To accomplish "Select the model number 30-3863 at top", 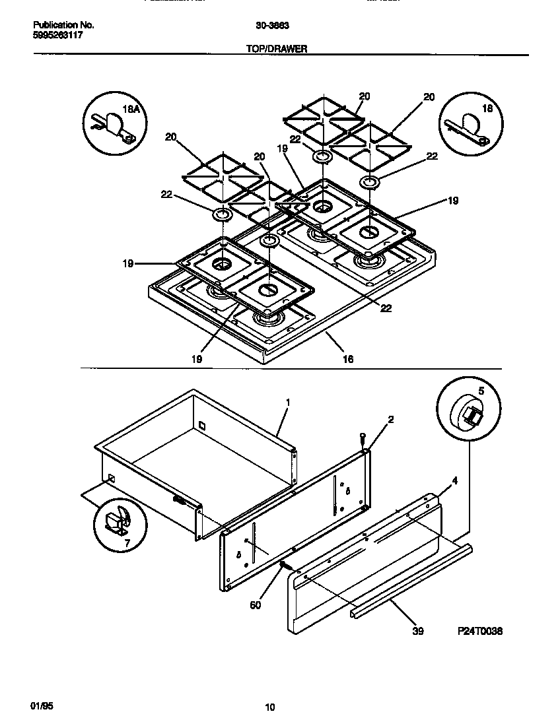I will tap(270, 26).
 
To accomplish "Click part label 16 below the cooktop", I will tap(347, 359).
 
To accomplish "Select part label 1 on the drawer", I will tap(288, 401).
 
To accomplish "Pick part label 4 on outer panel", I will tap(455, 482).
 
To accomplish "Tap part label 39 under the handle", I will tap(417, 631).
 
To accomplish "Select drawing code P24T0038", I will tap(480, 631).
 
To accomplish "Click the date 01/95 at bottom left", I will tap(41, 706).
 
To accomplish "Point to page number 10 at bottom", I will tap(269, 707).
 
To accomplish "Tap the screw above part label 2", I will tap(363, 438).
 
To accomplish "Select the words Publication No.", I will tap(63, 26).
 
